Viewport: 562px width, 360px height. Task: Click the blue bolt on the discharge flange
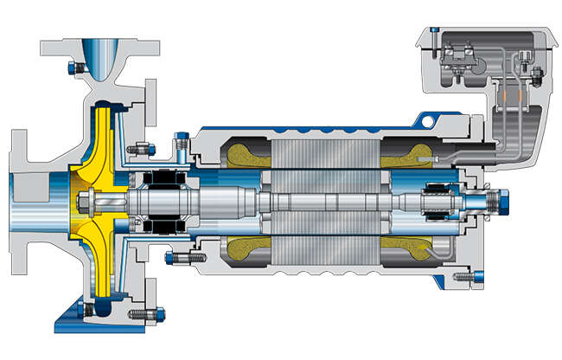[x=71, y=67]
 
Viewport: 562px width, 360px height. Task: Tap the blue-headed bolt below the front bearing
[x=185, y=257]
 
